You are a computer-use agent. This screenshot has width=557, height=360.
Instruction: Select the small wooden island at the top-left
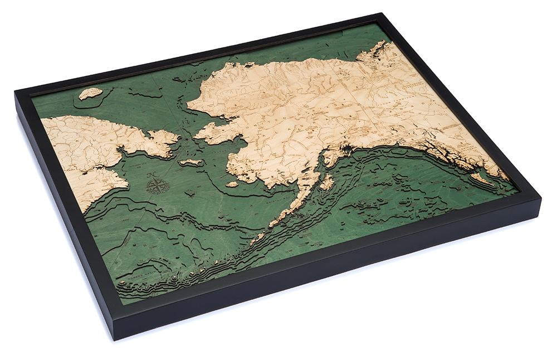click(x=90, y=93)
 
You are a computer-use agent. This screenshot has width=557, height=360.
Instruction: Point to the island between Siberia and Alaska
click(x=191, y=162)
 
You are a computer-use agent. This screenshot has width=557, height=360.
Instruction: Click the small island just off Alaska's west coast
click(x=232, y=183)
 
